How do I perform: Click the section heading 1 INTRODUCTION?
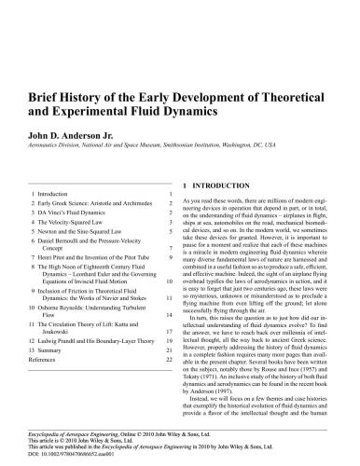point(224,159)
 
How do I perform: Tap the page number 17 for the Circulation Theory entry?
point(169,330)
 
